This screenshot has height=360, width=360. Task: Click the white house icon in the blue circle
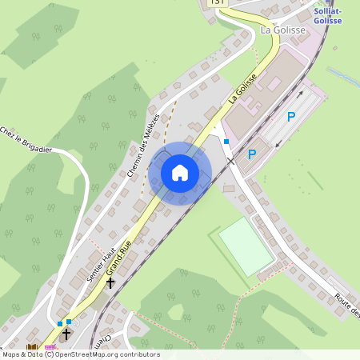180,173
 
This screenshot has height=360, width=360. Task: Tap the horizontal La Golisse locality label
283,30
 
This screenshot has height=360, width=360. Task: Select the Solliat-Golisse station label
327,15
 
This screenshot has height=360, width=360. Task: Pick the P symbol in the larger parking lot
291,117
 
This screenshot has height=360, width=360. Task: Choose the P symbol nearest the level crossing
252,154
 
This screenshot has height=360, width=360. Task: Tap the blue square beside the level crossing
226,142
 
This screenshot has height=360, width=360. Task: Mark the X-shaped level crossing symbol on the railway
230,162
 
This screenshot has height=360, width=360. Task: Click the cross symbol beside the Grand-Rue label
110,282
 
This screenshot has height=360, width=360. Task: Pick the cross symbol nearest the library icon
66,334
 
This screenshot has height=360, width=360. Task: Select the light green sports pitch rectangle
246,246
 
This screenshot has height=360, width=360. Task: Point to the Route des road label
347,306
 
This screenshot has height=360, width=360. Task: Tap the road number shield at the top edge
217,3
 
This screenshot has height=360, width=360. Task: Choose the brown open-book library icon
33,348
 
